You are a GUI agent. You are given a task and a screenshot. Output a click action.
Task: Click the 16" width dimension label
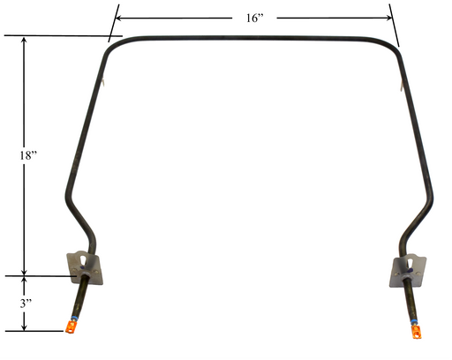pyautogui.click(x=254, y=18)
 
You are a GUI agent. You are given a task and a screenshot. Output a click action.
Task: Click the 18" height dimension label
pyautogui.click(x=28, y=155)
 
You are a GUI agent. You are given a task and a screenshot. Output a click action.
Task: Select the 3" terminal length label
pyautogui.click(x=26, y=304)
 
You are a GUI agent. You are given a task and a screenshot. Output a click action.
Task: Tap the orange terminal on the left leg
pyautogui.click(x=71, y=327)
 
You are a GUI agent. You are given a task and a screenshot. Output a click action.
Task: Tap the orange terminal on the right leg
pyautogui.click(x=417, y=332)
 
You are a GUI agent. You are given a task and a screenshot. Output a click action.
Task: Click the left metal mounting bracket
pyautogui.click(x=86, y=267)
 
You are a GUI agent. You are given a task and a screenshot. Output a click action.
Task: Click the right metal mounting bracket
pyautogui.click(x=408, y=271)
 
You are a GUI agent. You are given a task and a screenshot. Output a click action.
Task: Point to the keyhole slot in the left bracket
pyautogui.click(x=84, y=260)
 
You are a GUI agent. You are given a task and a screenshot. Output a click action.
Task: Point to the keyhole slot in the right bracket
pyautogui.click(x=410, y=263)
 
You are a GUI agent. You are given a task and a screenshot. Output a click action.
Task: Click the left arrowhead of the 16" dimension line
pyautogui.click(x=118, y=18)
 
